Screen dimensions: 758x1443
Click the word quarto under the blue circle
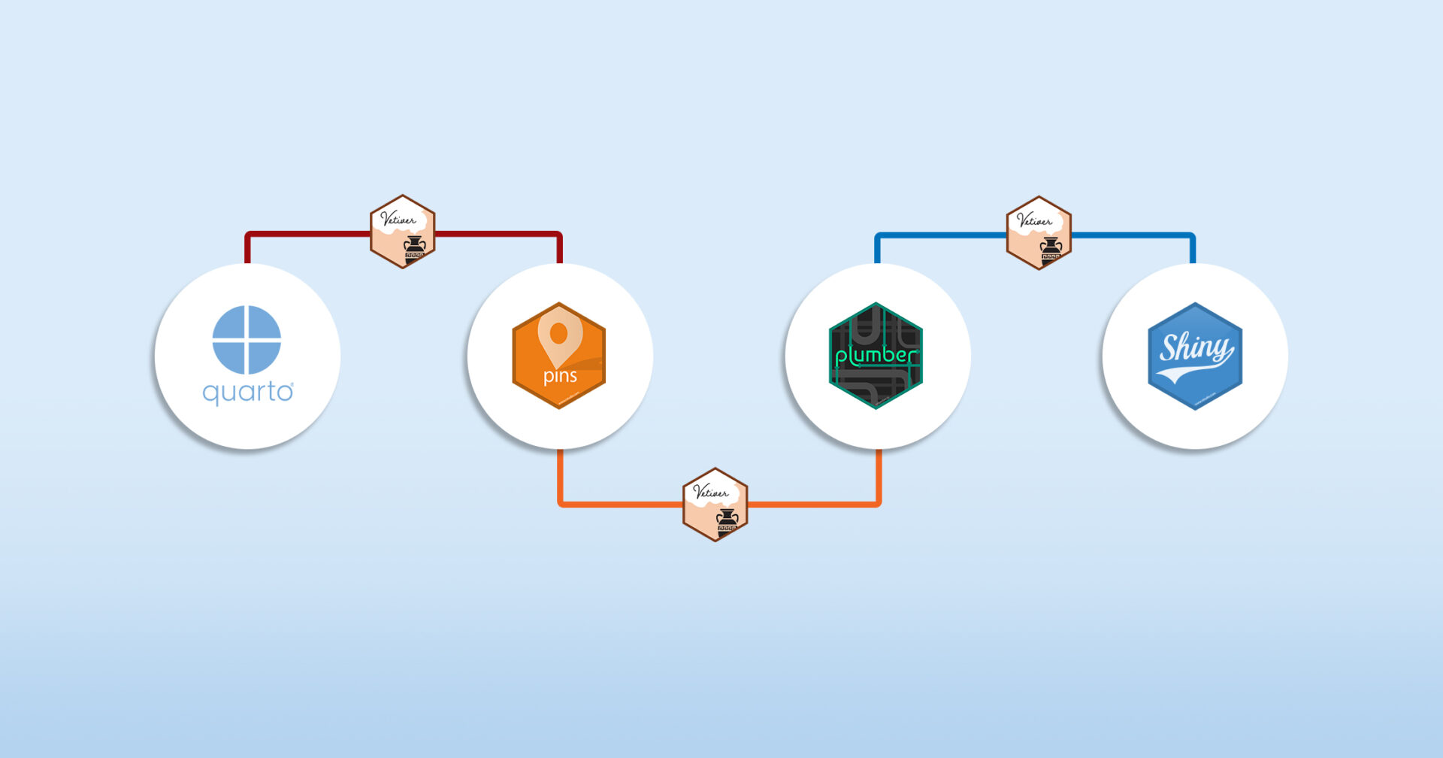tap(247, 393)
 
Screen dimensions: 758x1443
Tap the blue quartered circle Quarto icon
tap(247, 339)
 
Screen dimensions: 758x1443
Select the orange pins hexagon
tap(558, 356)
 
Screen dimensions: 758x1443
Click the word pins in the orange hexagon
tap(560, 376)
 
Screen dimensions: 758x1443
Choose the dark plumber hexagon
tap(876, 356)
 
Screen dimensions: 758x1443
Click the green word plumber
tap(876, 356)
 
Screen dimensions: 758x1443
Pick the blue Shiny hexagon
tap(1195, 356)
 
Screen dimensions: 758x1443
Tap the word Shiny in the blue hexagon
tap(1195, 347)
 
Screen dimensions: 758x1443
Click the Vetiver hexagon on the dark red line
tap(403, 232)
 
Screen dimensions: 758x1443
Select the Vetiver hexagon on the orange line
tap(715, 504)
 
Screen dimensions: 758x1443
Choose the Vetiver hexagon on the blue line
tap(1039, 233)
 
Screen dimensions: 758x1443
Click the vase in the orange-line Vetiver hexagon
tap(727, 519)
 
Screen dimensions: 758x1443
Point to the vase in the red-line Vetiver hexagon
tap(415, 247)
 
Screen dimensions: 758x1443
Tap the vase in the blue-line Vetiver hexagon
tap(1051, 248)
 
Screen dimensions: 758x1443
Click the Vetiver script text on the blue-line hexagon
tap(1034, 220)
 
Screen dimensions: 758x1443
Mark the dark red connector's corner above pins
tap(558, 235)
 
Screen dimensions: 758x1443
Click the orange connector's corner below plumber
tap(877, 502)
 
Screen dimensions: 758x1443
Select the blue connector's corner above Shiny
tap(1192, 237)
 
